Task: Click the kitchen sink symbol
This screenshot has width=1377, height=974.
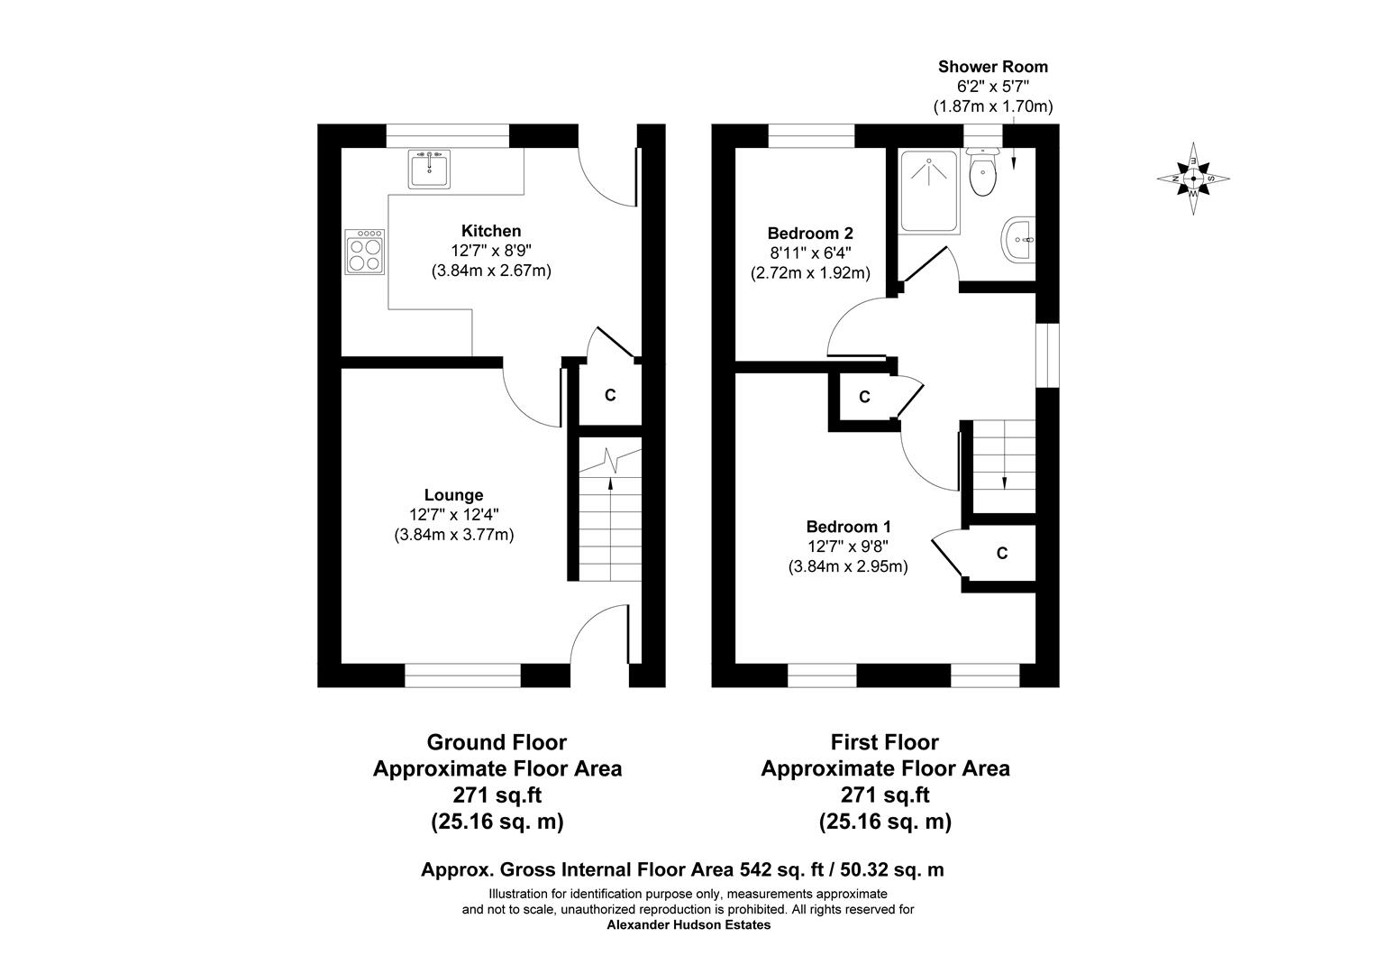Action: coord(429,170)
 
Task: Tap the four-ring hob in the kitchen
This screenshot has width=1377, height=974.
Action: coord(365,252)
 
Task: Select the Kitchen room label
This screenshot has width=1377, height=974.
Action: coord(491,231)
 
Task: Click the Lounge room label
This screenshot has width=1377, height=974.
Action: coord(453,495)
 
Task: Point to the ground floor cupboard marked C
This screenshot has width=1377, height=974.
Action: coord(610,395)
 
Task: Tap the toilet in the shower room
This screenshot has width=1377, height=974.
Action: coord(982,173)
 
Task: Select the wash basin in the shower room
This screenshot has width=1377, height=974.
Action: coord(1019,241)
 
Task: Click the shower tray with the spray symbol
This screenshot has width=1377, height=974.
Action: coord(929,190)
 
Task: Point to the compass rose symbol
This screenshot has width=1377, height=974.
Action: coord(1193,179)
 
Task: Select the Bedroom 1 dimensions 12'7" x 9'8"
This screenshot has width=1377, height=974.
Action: coord(848,547)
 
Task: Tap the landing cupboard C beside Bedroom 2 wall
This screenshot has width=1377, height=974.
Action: coord(864,397)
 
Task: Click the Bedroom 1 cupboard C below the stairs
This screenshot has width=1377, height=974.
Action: coord(1001,554)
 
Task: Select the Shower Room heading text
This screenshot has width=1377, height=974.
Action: coord(992,67)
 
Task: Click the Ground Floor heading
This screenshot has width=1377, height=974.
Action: coord(497,742)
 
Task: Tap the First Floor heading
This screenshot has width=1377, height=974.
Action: coord(884,742)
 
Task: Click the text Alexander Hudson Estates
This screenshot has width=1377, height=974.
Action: coord(688,925)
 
